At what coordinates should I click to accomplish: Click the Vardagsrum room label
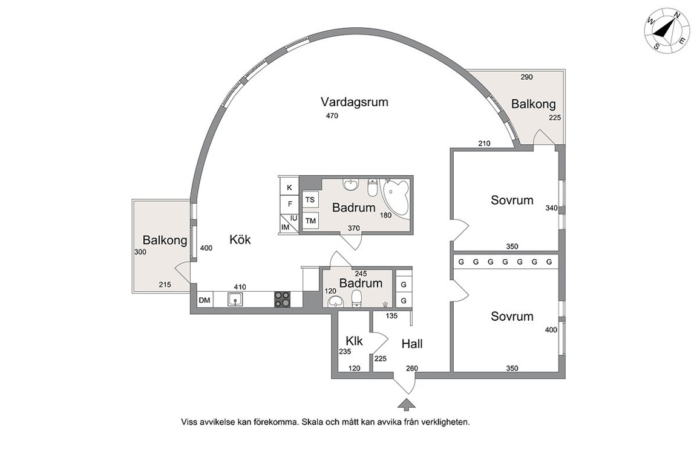tap(355, 102)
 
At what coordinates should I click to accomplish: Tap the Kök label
tap(240, 240)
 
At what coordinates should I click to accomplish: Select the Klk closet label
tap(355, 341)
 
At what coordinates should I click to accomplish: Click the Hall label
tap(412, 344)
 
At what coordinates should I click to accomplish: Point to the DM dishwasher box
tap(205, 300)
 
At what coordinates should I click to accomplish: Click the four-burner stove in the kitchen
tap(283, 299)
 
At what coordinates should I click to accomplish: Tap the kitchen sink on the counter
tap(235, 300)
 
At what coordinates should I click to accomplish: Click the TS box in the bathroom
tap(310, 200)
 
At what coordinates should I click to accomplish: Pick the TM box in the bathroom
tap(310, 221)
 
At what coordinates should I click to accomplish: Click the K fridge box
tap(289, 187)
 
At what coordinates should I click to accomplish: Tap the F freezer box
tap(289, 204)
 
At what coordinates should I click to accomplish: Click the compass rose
tap(667, 29)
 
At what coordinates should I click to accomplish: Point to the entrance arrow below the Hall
tap(405, 403)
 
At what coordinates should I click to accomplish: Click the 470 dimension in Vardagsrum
tap(332, 116)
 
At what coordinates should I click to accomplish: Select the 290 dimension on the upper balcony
tap(527, 77)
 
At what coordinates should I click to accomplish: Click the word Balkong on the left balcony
tap(165, 240)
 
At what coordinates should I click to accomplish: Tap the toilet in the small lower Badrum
tap(357, 299)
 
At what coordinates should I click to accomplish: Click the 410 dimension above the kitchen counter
tap(240, 287)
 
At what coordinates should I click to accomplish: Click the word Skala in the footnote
tap(313, 422)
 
